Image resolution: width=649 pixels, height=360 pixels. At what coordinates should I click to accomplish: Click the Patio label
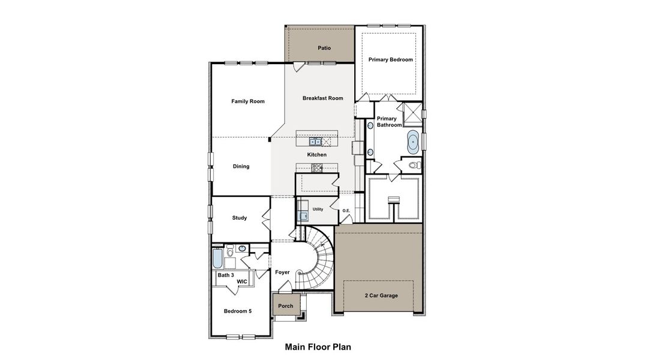[x=324, y=48]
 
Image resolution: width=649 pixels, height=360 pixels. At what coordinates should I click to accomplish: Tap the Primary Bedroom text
[x=390, y=59]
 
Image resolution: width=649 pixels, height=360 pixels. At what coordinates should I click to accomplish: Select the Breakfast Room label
[x=322, y=98]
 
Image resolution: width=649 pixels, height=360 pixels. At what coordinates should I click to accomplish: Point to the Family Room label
[x=248, y=101]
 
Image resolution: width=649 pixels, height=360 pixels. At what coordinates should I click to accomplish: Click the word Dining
[x=241, y=166]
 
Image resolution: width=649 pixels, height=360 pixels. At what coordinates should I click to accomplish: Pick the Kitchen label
[x=317, y=155]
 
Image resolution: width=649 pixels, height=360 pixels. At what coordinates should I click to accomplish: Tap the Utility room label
[x=318, y=209]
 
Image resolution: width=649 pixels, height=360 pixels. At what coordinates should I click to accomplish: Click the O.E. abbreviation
[x=346, y=211]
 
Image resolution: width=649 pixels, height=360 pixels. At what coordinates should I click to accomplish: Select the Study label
[x=240, y=218]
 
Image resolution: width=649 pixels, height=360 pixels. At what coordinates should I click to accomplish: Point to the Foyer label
[x=282, y=272]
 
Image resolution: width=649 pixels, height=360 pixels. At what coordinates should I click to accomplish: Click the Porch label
[x=286, y=306]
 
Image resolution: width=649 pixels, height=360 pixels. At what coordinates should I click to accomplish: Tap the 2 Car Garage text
[x=381, y=295]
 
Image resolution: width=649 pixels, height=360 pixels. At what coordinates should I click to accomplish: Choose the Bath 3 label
[x=226, y=275]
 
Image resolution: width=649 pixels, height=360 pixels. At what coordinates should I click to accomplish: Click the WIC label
[x=242, y=281]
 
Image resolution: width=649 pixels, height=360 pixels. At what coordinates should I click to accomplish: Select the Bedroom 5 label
[x=238, y=311]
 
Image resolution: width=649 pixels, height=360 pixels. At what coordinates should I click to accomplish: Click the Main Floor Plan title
[x=318, y=347]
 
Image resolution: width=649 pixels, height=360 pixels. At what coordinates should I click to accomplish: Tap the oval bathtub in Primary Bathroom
[x=413, y=142]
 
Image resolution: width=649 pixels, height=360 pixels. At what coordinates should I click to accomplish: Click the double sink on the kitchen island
[x=316, y=142]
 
